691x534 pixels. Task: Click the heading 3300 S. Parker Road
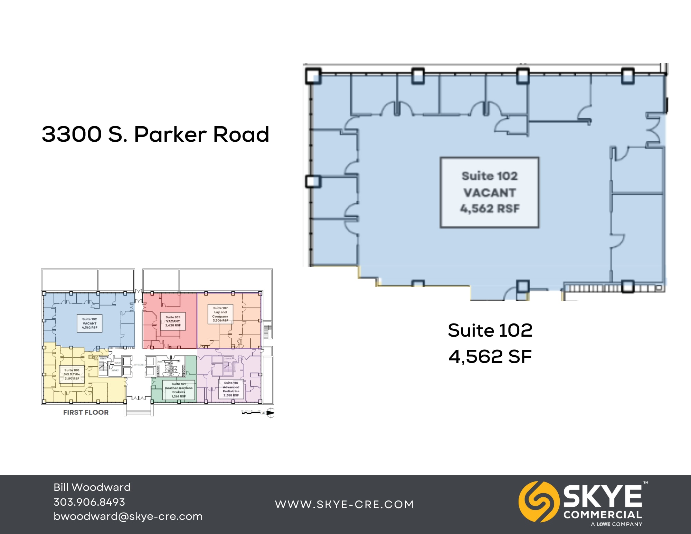click(x=155, y=134)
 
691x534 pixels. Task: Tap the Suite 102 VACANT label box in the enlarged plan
click(x=489, y=193)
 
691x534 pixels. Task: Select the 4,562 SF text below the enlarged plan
click(x=490, y=356)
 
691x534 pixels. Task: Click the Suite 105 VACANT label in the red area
click(x=173, y=321)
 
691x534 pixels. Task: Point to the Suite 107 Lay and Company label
click(x=220, y=314)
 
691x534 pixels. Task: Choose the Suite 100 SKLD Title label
click(x=72, y=374)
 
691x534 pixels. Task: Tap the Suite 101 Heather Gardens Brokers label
click(x=179, y=390)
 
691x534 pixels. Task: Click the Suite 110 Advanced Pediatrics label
click(x=231, y=389)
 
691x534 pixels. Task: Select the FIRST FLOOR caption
click(x=86, y=412)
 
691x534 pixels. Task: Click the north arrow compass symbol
click(x=271, y=413)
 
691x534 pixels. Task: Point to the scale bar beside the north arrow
click(x=251, y=412)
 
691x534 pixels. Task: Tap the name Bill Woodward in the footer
click(x=92, y=487)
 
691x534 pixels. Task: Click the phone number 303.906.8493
click(x=89, y=502)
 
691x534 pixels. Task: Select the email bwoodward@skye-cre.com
click(x=128, y=516)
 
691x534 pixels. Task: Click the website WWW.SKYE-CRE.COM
click(x=344, y=504)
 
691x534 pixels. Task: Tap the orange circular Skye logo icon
click(x=538, y=502)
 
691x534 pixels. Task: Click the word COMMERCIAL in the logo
click(x=603, y=515)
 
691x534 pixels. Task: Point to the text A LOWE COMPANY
click(x=616, y=524)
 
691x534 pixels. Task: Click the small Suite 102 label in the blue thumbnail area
click(x=89, y=323)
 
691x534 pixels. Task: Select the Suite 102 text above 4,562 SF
click(x=490, y=330)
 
